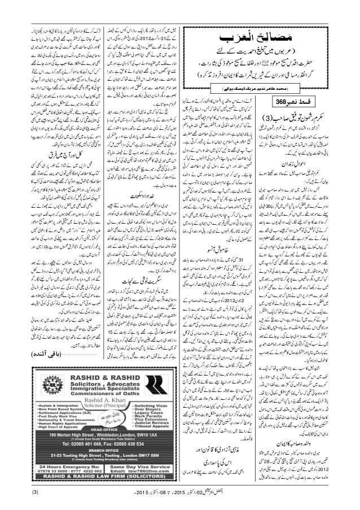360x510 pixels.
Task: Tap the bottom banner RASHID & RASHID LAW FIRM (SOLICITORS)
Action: [100, 481]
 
